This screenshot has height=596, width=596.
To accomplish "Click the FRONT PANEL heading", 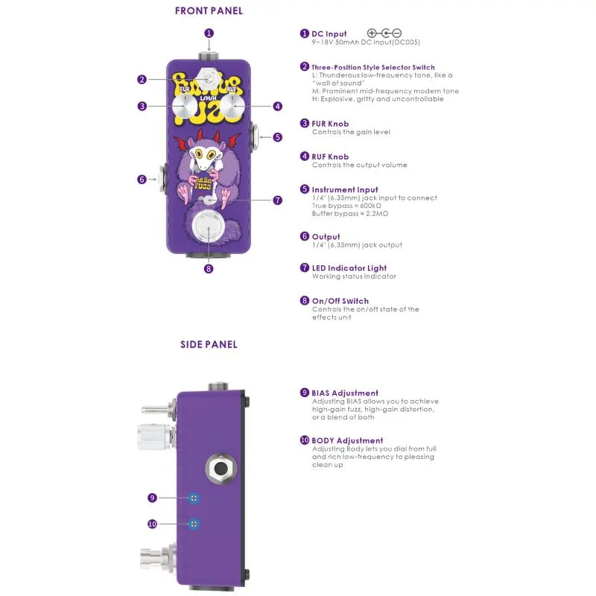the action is pyautogui.click(x=209, y=10).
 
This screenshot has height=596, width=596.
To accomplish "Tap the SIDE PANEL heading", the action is pyautogui.click(x=209, y=344).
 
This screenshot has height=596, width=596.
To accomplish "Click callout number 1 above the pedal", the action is pyautogui.click(x=209, y=33).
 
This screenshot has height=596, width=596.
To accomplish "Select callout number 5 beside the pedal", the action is pyautogui.click(x=277, y=137).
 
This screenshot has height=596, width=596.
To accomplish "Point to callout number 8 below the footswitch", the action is pyautogui.click(x=209, y=269).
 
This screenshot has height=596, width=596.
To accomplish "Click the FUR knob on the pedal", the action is pyautogui.click(x=184, y=106).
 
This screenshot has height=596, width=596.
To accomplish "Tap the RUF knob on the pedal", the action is pyautogui.click(x=233, y=106).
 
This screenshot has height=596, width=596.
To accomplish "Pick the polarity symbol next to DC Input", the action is pyautogui.click(x=384, y=34).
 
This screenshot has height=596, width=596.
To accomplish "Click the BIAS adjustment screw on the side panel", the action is pyautogui.click(x=194, y=498).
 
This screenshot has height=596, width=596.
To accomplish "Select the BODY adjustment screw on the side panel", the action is pyautogui.click(x=194, y=524).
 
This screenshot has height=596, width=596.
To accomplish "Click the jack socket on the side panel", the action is pyautogui.click(x=221, y=469).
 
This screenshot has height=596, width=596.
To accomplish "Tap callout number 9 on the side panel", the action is pyautogui.click(x=153, y=498).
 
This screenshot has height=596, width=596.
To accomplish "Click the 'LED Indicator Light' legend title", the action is pyautogui.click(x=349, y=268).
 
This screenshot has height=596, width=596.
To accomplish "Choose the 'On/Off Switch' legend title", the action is pyautogui.click(x=340, y=301).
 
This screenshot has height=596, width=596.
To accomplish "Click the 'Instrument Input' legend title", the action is pyautogui.click(x=345, y=190).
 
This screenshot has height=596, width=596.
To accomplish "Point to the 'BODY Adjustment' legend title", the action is pyautogui.click(x=347, y=440).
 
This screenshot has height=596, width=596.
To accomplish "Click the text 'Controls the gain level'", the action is pyautogui.click(x=351, y=132).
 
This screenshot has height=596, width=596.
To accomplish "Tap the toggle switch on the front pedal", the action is pyautogui.click(x=209, y=79).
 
